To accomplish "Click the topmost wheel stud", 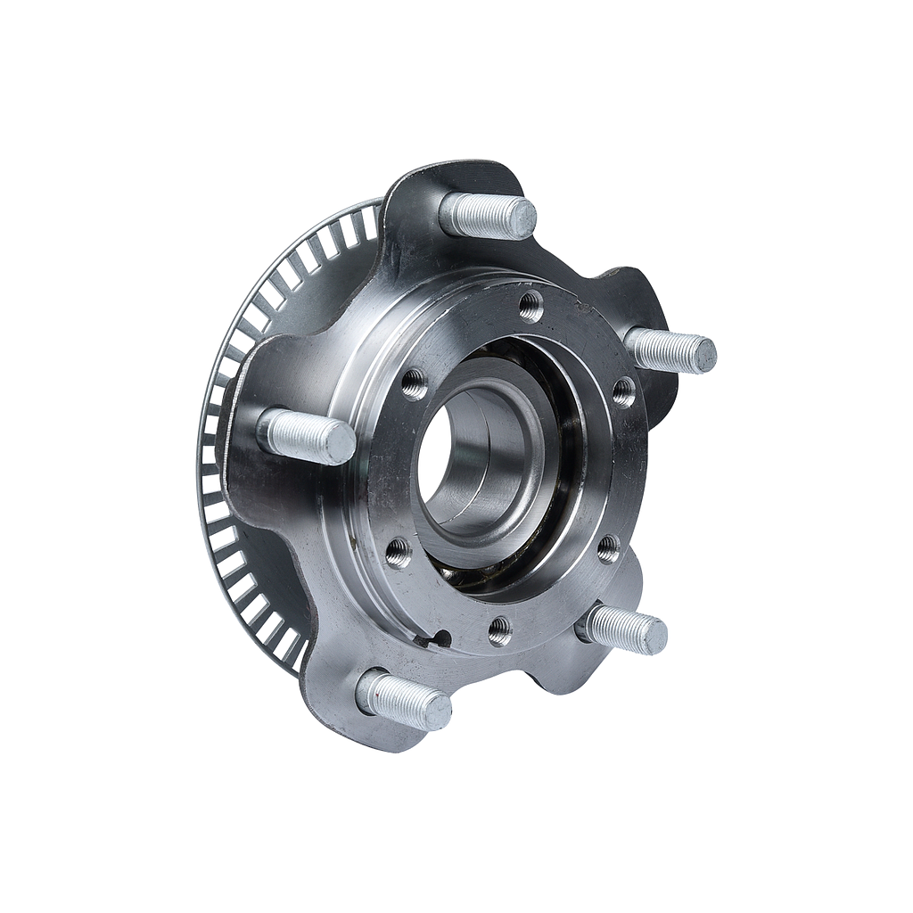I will pos(486,215).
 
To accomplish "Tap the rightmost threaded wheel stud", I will pos(669,350).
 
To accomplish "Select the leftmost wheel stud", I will pos(303,436).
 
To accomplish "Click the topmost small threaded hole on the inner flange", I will pos(531,306).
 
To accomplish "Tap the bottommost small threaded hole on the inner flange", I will pos(499,630).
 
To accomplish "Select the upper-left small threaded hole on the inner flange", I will pos(413,383).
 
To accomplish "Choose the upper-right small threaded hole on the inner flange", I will pos(623,391).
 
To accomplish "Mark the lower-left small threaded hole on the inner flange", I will pos(398,553).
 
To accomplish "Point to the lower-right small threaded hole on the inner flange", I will pos(608,548).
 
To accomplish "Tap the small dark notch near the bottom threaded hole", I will pos(439,637).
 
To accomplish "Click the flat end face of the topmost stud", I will pos(522,218).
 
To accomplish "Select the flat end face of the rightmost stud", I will pos(704,355).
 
